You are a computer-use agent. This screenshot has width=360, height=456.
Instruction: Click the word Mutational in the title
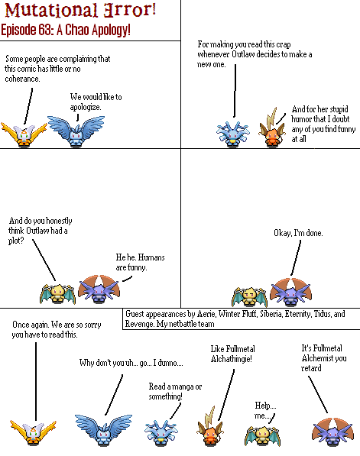51,10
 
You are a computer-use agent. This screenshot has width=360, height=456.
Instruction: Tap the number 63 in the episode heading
45,29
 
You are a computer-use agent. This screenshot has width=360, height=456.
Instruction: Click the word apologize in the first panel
86,107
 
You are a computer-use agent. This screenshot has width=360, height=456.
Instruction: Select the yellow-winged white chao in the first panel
24,134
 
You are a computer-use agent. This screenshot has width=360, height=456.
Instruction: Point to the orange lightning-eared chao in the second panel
272,128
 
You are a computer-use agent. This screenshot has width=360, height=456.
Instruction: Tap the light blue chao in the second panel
233,134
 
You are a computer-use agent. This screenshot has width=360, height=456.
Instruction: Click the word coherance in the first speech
22,79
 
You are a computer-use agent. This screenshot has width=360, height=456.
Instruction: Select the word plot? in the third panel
16,241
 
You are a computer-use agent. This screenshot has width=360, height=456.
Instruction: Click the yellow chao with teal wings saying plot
57,294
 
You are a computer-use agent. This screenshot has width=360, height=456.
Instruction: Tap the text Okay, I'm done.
298,233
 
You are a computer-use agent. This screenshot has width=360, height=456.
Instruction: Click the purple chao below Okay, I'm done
290,292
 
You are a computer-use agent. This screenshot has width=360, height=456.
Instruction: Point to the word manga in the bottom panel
183,387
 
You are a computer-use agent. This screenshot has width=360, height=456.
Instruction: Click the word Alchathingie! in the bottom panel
232,359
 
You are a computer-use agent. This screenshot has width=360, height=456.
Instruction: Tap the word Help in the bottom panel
265,406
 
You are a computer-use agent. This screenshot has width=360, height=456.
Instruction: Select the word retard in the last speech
311,368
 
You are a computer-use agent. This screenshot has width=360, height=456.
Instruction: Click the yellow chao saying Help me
262,435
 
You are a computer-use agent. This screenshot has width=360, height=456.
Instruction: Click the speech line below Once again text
36,382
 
